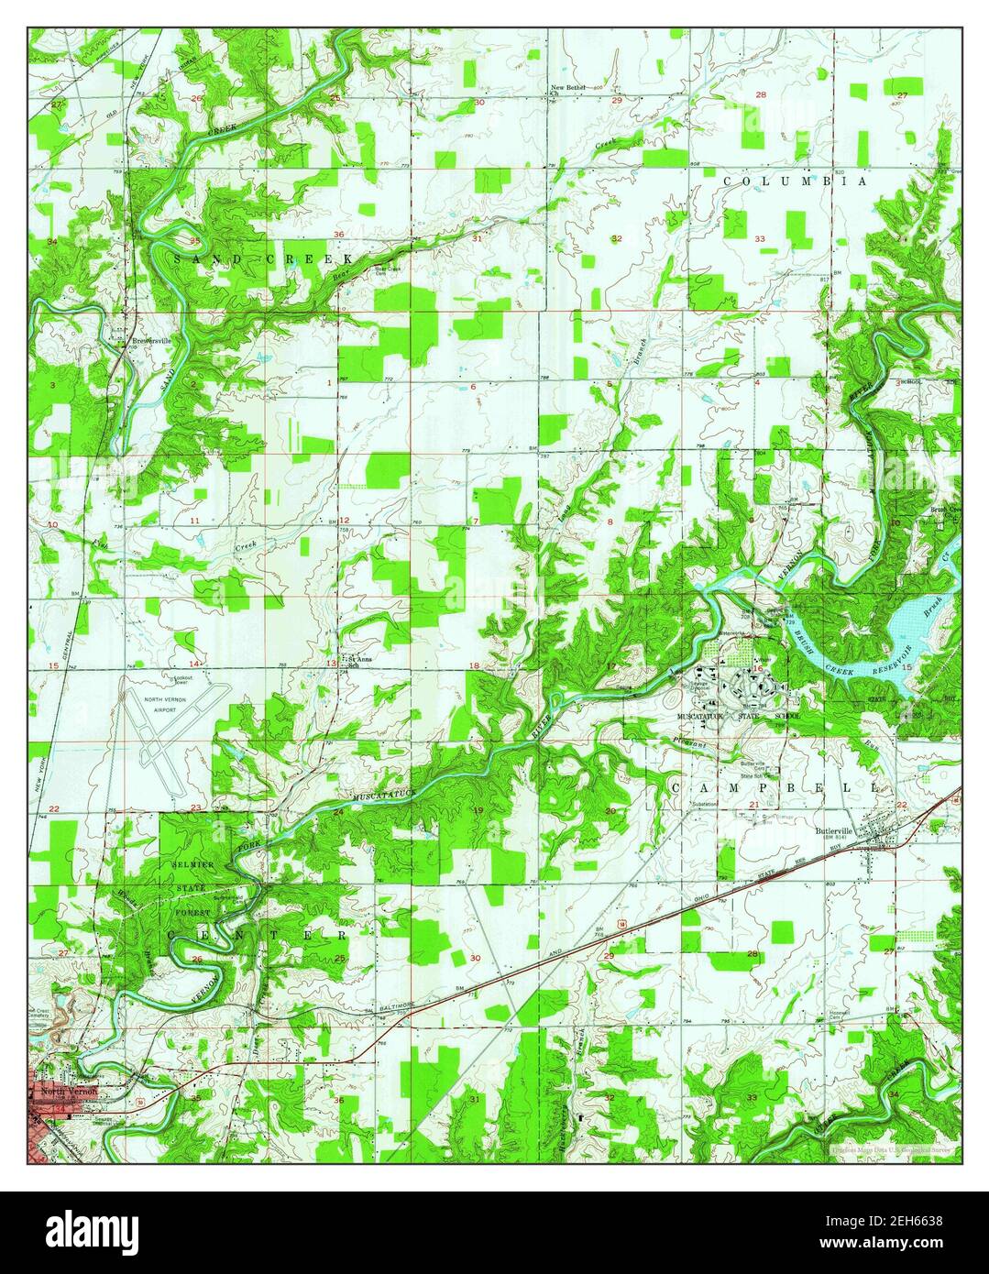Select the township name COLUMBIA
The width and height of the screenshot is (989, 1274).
click(795, 182)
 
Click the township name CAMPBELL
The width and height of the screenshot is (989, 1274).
click(775, 787)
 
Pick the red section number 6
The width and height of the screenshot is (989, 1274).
click(473, 387)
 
